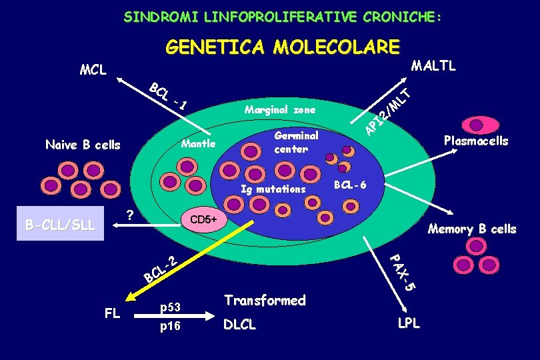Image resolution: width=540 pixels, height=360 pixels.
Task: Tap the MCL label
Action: point(93,69)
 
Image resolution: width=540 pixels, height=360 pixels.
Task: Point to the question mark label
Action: point(131,215)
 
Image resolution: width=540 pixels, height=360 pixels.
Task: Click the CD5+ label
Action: point(205,219)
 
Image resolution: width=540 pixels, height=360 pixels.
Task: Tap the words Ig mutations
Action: point(273,189)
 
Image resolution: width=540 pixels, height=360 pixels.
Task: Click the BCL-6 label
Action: point(350,184)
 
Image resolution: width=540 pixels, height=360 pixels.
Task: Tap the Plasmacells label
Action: point(475,141)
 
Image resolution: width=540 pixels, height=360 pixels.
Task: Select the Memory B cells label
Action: point(472,229)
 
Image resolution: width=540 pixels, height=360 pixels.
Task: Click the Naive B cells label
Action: point(83,145)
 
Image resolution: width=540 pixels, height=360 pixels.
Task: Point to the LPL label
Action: point(409,323)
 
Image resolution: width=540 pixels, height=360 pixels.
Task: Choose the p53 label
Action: point(170,307)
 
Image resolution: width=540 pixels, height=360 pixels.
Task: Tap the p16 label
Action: point(170,327)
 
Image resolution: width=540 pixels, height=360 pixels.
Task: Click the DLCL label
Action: point(239,325)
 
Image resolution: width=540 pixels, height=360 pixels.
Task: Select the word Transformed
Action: point(265,301)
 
